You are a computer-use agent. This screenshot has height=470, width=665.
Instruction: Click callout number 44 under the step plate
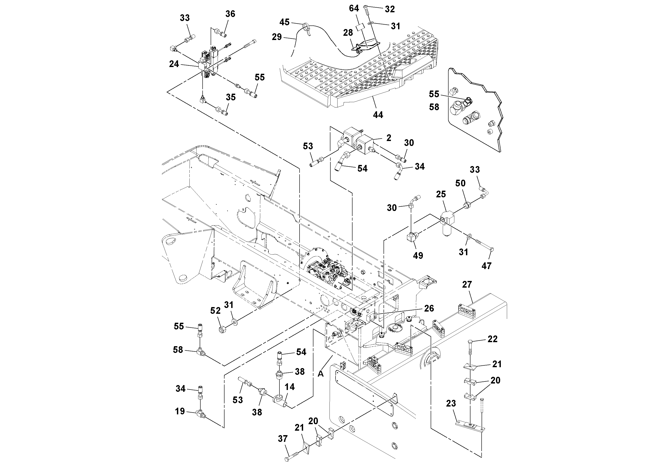(378, 115)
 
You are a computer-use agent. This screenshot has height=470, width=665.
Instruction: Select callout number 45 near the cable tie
(284, 22)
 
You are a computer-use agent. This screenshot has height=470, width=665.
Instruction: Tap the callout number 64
(354, 8)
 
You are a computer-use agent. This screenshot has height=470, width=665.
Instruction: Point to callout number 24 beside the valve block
(174, 64)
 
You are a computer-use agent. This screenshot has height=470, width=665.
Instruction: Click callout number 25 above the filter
(441, 194)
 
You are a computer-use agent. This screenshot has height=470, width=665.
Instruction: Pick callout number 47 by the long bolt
(486, 266)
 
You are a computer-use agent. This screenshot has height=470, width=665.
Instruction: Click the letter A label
(320, 374)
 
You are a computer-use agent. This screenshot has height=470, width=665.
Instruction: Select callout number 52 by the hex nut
(215, 311)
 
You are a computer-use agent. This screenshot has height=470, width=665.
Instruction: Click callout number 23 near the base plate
(451, 403)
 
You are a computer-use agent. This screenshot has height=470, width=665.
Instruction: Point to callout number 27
(467, 285)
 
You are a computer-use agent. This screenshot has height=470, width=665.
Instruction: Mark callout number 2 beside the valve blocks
(389, 138)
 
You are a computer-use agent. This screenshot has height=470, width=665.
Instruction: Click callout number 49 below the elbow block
(418, 256)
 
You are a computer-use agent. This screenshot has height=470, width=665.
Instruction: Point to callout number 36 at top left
(230, 14)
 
